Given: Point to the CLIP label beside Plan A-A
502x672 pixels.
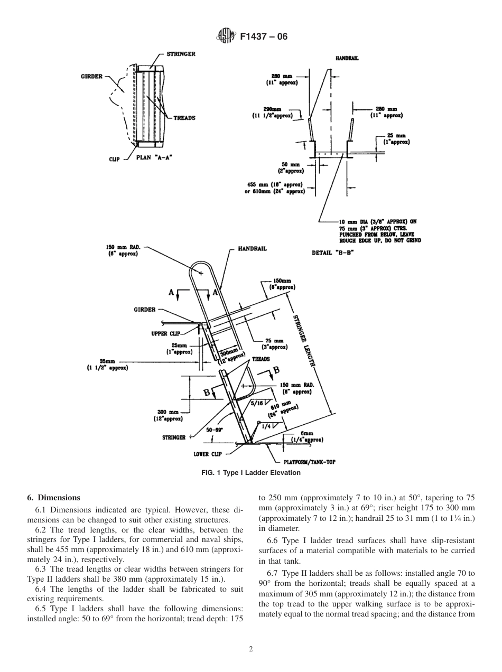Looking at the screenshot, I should tap(114, 159).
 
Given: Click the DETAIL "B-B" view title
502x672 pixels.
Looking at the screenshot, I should tap(332, 253).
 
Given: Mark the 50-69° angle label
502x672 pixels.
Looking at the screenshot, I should tap(214, 431).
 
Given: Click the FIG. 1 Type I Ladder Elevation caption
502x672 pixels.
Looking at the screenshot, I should tap(250, 473).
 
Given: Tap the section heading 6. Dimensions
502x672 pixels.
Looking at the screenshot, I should tap(53, 498).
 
